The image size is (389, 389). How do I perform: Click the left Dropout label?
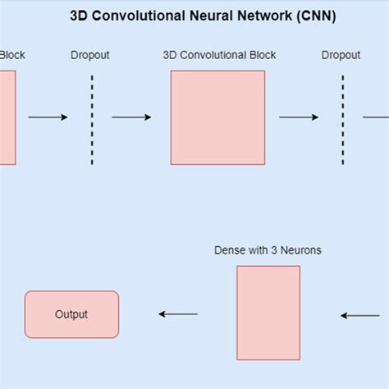(x=90, y=56)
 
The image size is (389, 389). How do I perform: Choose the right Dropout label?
(x=341, y=56)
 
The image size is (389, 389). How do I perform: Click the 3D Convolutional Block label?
(x=219, y=56)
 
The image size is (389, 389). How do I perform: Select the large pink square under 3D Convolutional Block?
(x=217, y=117)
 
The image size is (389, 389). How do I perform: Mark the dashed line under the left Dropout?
(x=92, y=120)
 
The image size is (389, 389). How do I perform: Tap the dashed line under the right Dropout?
(x=342, y=120)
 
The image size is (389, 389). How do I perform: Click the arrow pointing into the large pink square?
(x=131, y=117)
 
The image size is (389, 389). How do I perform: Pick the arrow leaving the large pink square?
(x=299, y=117)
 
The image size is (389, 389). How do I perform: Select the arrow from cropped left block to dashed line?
(x=48, y=117)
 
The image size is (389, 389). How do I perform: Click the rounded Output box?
(x=71, y=314)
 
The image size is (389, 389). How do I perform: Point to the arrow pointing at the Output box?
(x=178, y=314)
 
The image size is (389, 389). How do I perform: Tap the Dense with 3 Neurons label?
(x=268, y=250)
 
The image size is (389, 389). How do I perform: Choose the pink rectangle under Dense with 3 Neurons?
(x=268, y=313)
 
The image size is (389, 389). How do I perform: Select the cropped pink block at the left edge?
(x=7, y=117)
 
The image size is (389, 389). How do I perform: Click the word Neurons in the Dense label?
(x=300, y=250)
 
